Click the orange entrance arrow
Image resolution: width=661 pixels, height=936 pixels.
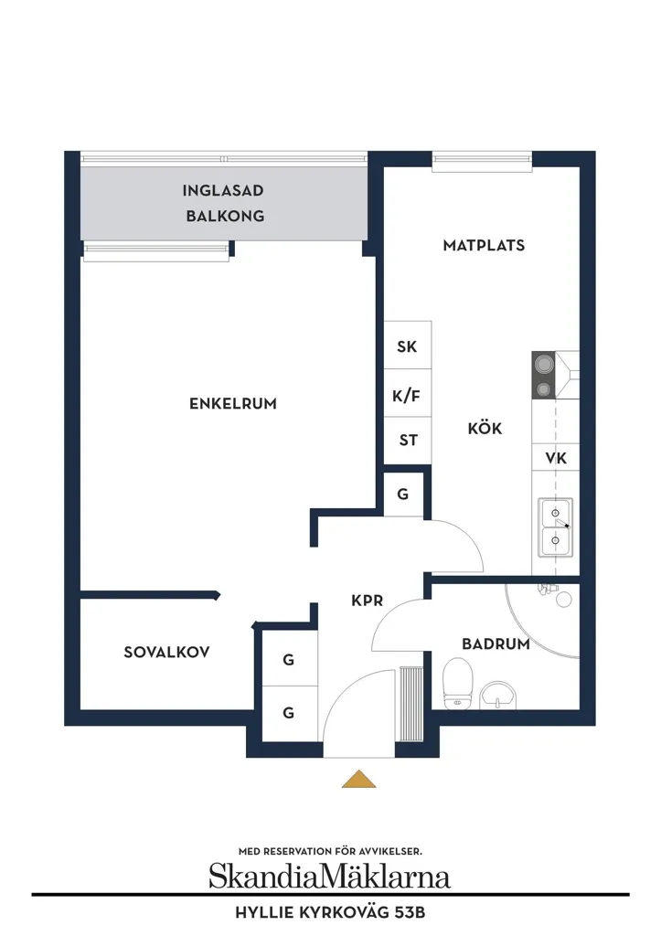(359, 779)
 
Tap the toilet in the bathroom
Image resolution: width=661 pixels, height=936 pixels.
(457, 684)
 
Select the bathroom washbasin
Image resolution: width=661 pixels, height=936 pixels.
(498, 696)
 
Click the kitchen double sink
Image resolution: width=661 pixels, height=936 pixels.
(555, 527)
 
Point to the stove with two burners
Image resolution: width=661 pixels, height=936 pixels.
(543, 375)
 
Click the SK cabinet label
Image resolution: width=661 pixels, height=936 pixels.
(407, 346)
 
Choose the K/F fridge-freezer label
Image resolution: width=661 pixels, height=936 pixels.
(406, 395)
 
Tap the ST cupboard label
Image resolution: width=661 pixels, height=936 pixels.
(409, 440)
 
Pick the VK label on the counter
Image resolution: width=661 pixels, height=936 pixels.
(556, 458)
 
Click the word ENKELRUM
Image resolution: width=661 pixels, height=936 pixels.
(233, 403)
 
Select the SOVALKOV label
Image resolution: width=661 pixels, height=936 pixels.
(166, 652)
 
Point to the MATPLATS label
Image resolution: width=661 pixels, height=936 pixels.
(484, 245)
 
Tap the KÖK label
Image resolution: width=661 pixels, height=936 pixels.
(485, 428)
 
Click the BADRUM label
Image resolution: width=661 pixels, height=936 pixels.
(496, 643)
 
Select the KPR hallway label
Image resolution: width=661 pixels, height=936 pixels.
(368, 600)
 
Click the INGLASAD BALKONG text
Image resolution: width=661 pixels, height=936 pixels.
(224, 203)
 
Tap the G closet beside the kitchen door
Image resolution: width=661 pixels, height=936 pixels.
(403, 495)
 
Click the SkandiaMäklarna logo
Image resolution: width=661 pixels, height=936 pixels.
(330, 877)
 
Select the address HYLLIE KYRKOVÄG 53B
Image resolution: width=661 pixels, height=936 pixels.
(330, 913)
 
